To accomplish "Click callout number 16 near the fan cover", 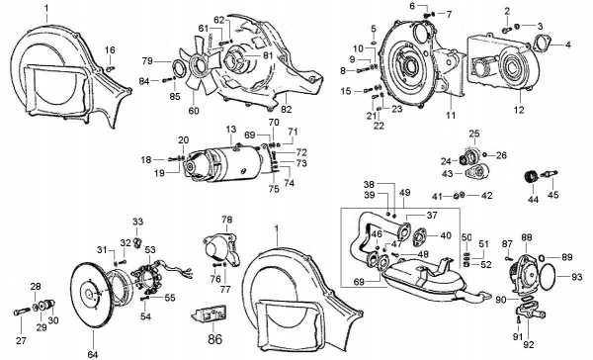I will (110, 49).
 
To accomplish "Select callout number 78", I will (226, 219).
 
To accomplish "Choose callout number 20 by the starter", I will (183, 139).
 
